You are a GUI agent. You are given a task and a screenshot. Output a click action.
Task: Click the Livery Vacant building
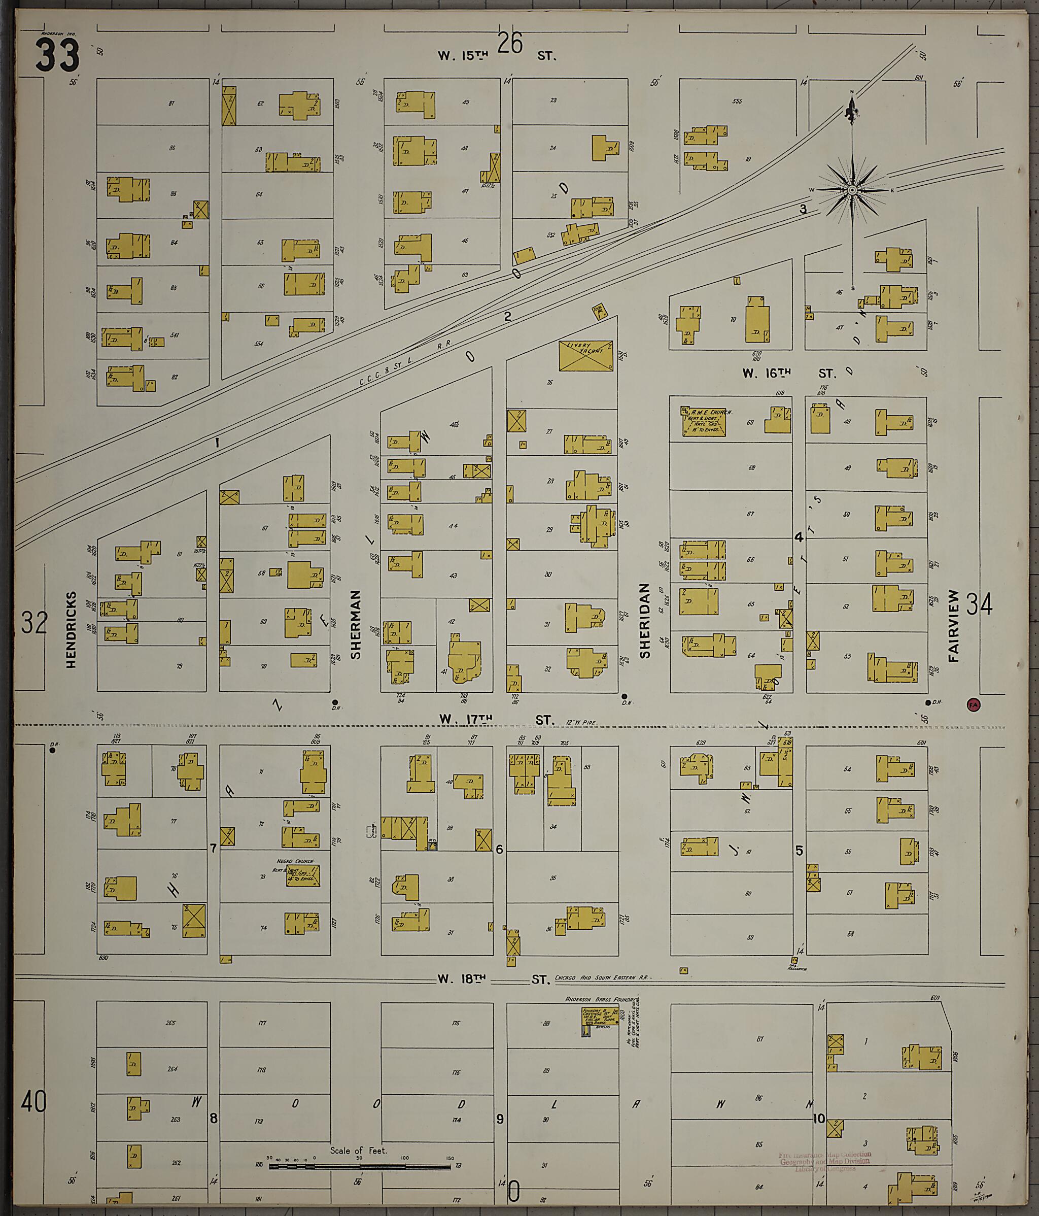pyautogui.click(x=585, y=355)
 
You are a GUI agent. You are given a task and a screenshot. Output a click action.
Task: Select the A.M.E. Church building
pyautogui.click(x=704, y=422)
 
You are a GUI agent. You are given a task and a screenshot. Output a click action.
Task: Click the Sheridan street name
pyautogui.click(x=645, y=620)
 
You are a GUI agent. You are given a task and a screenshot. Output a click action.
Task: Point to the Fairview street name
pyautogui.click(x=953, y=626)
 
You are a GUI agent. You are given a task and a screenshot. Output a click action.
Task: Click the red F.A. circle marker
pyautogui.click(x=973, y=705)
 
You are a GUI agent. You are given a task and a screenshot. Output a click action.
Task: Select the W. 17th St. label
pyautogui.click(x=496, y=720)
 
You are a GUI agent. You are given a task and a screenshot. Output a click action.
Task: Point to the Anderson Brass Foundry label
pyautogui.click(x=601, y=998)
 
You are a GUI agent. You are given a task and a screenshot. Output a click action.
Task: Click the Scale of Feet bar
pyautogui.click(x=359, y=1166)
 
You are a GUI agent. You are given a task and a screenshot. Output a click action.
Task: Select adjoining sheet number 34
pyautogui.click(x=979, y=604)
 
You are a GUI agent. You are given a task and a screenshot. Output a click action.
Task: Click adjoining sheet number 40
pyautogui.click(x=33, y=1102)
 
